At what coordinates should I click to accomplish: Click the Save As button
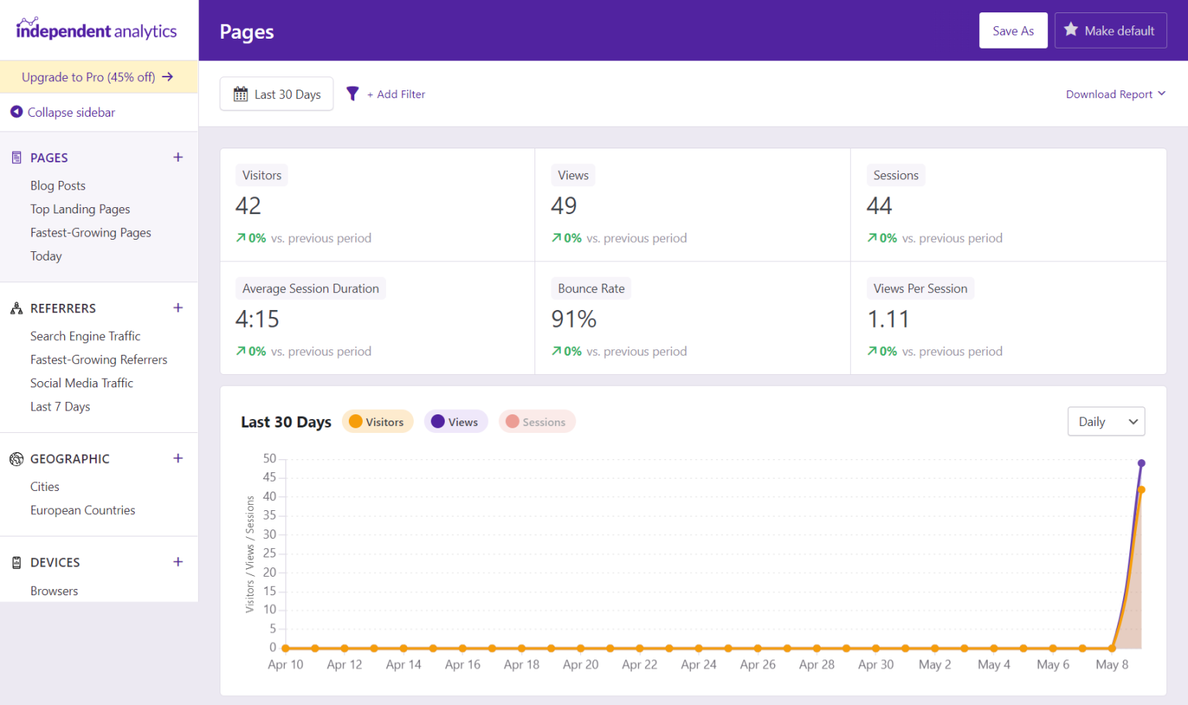point(1012,31)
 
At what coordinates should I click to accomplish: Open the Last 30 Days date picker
point(276,94)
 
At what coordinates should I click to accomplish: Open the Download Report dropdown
point(1115,94)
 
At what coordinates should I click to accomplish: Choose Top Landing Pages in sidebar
point(80,209)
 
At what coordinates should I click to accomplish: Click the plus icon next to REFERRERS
point(178,308)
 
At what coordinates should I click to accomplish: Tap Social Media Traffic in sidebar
point(81,383)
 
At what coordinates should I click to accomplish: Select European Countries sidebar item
point(82,510)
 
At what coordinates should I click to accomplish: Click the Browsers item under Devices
point(54,591)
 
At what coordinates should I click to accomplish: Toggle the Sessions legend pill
point(537,422)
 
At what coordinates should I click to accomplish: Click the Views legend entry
point(456,422)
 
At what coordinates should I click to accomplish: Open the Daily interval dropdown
point(1105,422)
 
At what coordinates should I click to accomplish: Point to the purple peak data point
point(1141,463)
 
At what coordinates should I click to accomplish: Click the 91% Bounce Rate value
point(573,318)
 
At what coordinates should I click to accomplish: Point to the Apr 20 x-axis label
point(580,665)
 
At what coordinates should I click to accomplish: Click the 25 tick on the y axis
point(269,553)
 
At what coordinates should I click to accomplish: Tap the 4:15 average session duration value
point(257,318)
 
